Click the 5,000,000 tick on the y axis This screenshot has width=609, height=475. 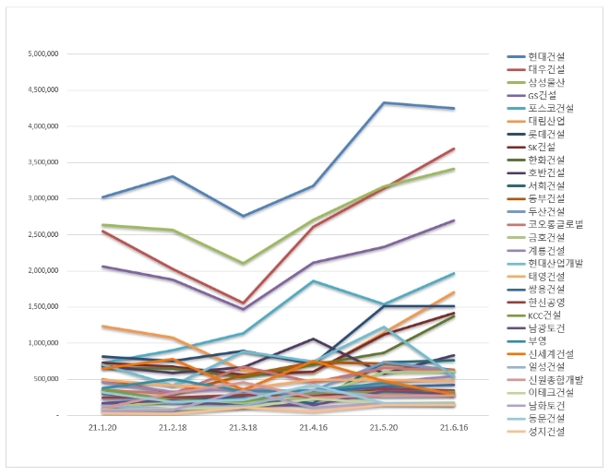[44, 53]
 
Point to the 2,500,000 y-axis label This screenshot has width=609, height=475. [44, 234]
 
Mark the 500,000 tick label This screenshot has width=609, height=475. [47, 379]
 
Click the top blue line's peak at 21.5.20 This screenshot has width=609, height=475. [383, 102]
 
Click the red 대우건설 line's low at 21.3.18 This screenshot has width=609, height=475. [243, 303]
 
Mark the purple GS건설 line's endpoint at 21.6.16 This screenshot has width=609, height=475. [453, 220]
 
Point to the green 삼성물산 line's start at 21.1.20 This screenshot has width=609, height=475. [101, 224]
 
